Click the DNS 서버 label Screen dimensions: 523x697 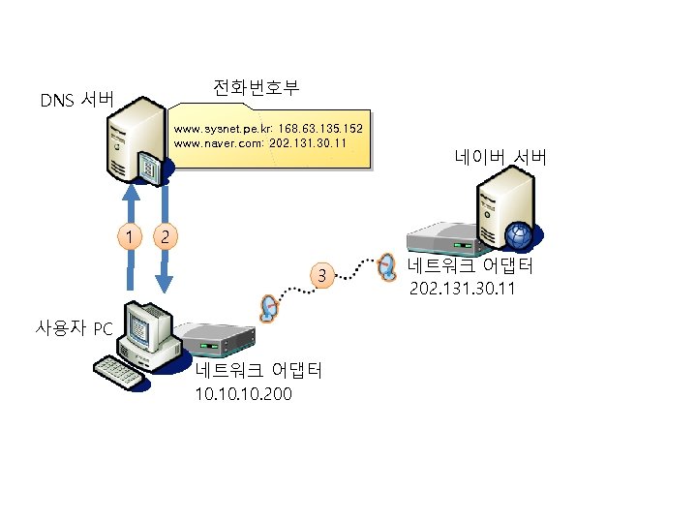pyautogui.click(x=77, y=100)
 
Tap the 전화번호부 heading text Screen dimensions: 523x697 pyautogui.click(x=256, y=88)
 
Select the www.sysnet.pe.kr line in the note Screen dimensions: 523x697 pyautogui.click(x=267, y=128)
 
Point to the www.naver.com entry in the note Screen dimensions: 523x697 pyautogui.click(x=259, y=142)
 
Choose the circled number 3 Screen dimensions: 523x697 pyautogui.click(x=321, y=277)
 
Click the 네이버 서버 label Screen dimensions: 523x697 pyautogui.click(x=500, y=157)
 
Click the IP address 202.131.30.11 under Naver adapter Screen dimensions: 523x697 pyautogui.click(x=462, y=289)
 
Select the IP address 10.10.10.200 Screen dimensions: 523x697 pyautogui.click(x=243, y=394)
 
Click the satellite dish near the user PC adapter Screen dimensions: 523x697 pyautogui.click(x=268, y=307)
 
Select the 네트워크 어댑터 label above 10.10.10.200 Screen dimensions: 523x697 pyautogui.click(x=258, y=372)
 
